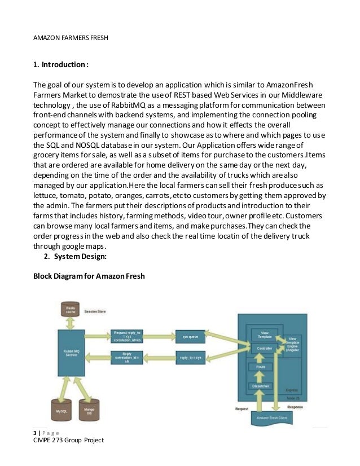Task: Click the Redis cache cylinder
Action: click(72, 309)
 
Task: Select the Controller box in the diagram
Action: click(260, 349)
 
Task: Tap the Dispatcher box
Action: click(260, 386)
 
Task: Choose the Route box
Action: click(260, 367)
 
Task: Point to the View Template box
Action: click(260, 333)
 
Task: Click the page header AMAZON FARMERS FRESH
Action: click(69, 38)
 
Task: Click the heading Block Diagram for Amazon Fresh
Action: click(89, 276)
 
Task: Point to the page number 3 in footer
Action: click(35, 432)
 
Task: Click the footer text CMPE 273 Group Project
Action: click(68, 440)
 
